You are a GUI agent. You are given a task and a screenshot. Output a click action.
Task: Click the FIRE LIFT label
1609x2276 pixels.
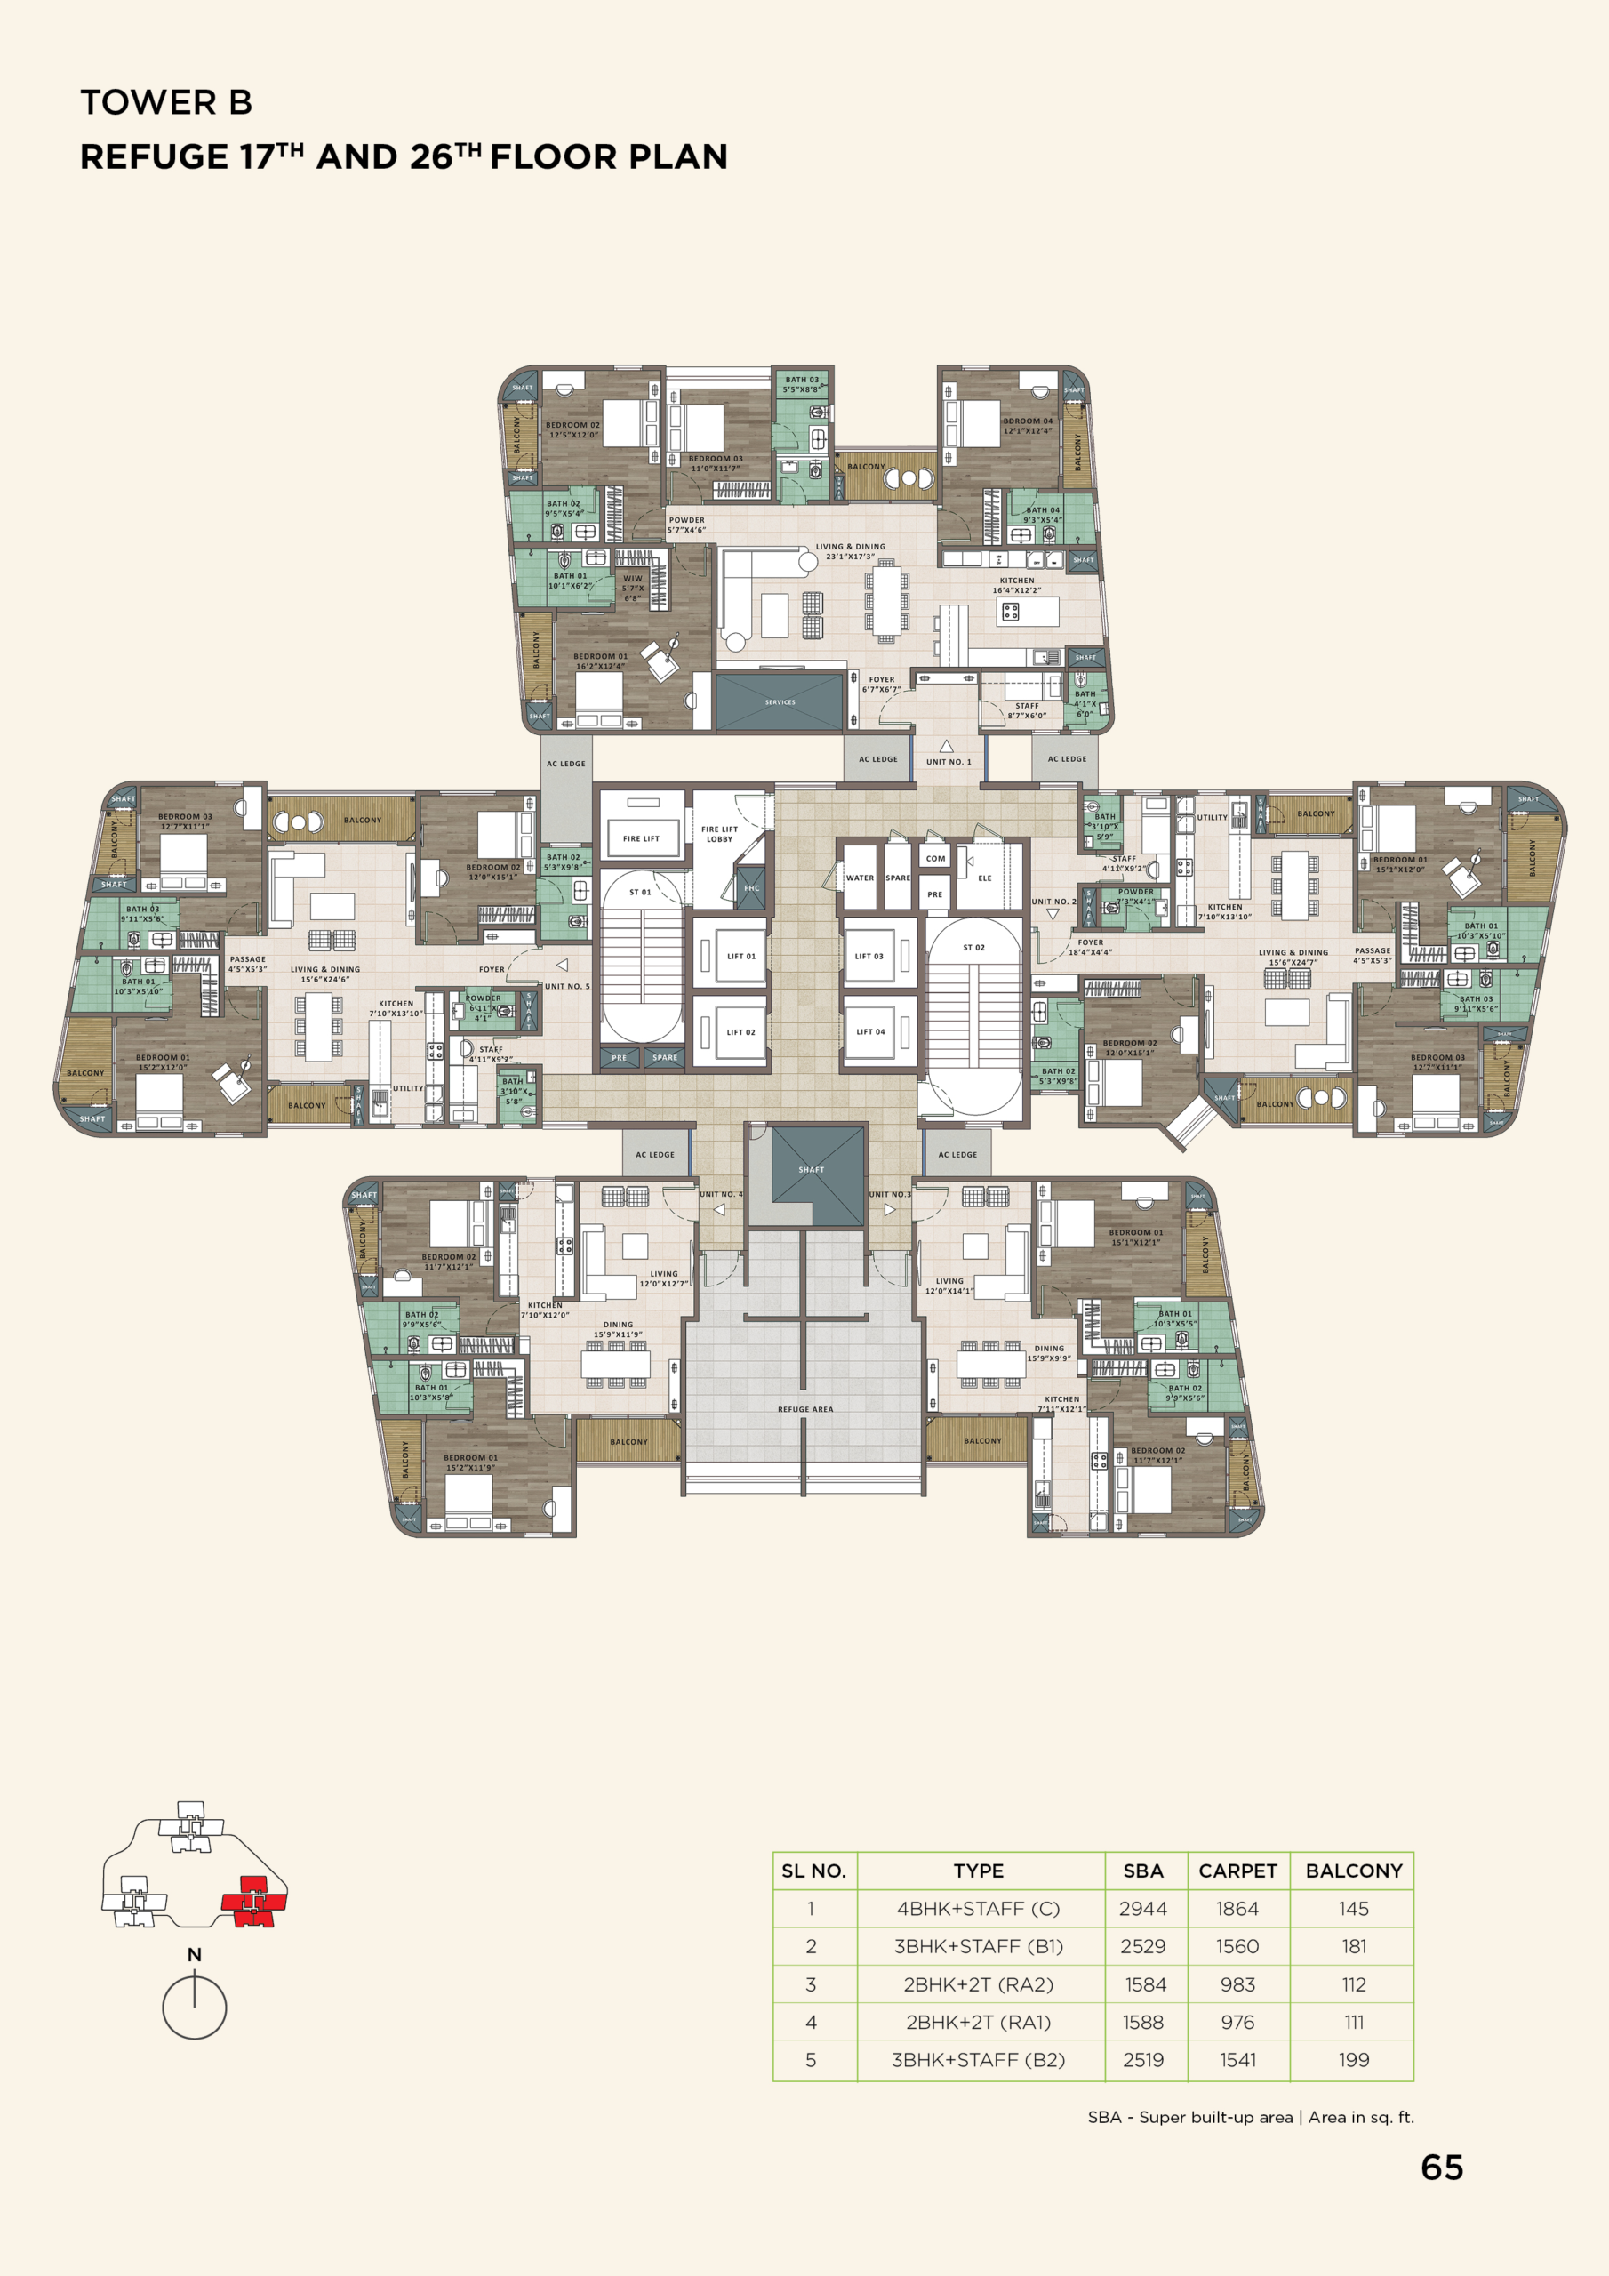(640, 838)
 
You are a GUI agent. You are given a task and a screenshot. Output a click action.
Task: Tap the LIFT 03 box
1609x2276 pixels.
(869, 956)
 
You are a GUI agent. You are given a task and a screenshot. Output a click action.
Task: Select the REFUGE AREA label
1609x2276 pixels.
(805, 1408)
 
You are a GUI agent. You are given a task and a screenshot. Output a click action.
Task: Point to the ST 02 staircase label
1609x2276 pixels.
(973, 948)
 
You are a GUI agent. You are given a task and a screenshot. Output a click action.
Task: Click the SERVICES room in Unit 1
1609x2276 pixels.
(780, 701)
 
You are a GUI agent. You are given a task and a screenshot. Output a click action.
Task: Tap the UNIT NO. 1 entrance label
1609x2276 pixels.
(948, 761)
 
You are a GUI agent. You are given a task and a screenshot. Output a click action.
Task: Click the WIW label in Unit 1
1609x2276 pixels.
(633, 579)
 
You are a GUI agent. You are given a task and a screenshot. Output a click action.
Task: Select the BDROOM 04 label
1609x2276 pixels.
(1028, 421)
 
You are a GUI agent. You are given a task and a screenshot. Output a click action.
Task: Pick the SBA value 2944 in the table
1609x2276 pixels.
(1142, 1908)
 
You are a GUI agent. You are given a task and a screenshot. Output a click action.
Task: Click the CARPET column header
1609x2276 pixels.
(1237, 1871)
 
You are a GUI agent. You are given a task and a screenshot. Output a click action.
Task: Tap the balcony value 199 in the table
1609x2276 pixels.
(1353, 2060)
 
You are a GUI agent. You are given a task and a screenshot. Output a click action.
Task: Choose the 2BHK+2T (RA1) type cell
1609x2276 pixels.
(978, 2023)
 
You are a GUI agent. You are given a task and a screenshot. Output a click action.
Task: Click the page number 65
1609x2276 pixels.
(1442, 2168)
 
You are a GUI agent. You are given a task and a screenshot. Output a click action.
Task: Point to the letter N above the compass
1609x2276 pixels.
(195, 1955)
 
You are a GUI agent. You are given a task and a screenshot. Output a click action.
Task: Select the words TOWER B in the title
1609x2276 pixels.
(166, 102)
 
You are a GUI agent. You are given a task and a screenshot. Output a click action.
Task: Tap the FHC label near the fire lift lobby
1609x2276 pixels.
(751, 888)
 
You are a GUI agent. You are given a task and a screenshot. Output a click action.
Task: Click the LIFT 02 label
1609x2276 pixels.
(740, 1032)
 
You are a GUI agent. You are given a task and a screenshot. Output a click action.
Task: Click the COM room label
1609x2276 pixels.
(935, 859)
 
